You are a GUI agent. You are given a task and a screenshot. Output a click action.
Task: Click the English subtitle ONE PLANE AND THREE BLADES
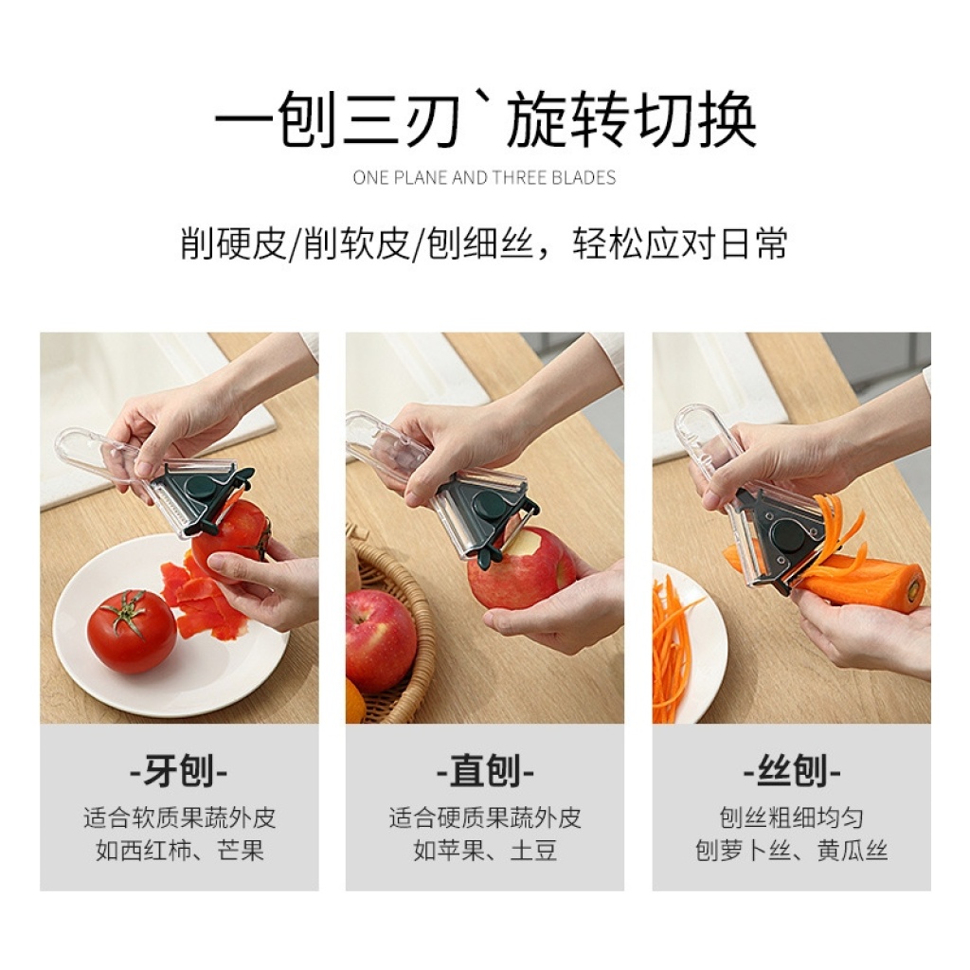click(484, 178)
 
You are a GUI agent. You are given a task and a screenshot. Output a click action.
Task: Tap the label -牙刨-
click(179, 771)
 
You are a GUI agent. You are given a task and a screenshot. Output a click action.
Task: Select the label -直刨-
click(485, 771)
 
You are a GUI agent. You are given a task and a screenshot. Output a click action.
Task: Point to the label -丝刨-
click(791, 771)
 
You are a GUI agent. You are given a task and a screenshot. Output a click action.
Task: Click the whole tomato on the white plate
click(132, 631)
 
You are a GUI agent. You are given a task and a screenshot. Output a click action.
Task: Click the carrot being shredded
click(860, 582)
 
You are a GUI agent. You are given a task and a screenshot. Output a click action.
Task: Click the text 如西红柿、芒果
click(179, 851)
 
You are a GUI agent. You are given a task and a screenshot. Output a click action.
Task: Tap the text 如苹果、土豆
click(485, 851)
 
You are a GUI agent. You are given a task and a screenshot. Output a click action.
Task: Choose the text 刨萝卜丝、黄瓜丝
click(791, 851)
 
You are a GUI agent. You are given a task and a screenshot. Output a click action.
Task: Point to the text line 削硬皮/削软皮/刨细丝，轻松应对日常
click(484, 243)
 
